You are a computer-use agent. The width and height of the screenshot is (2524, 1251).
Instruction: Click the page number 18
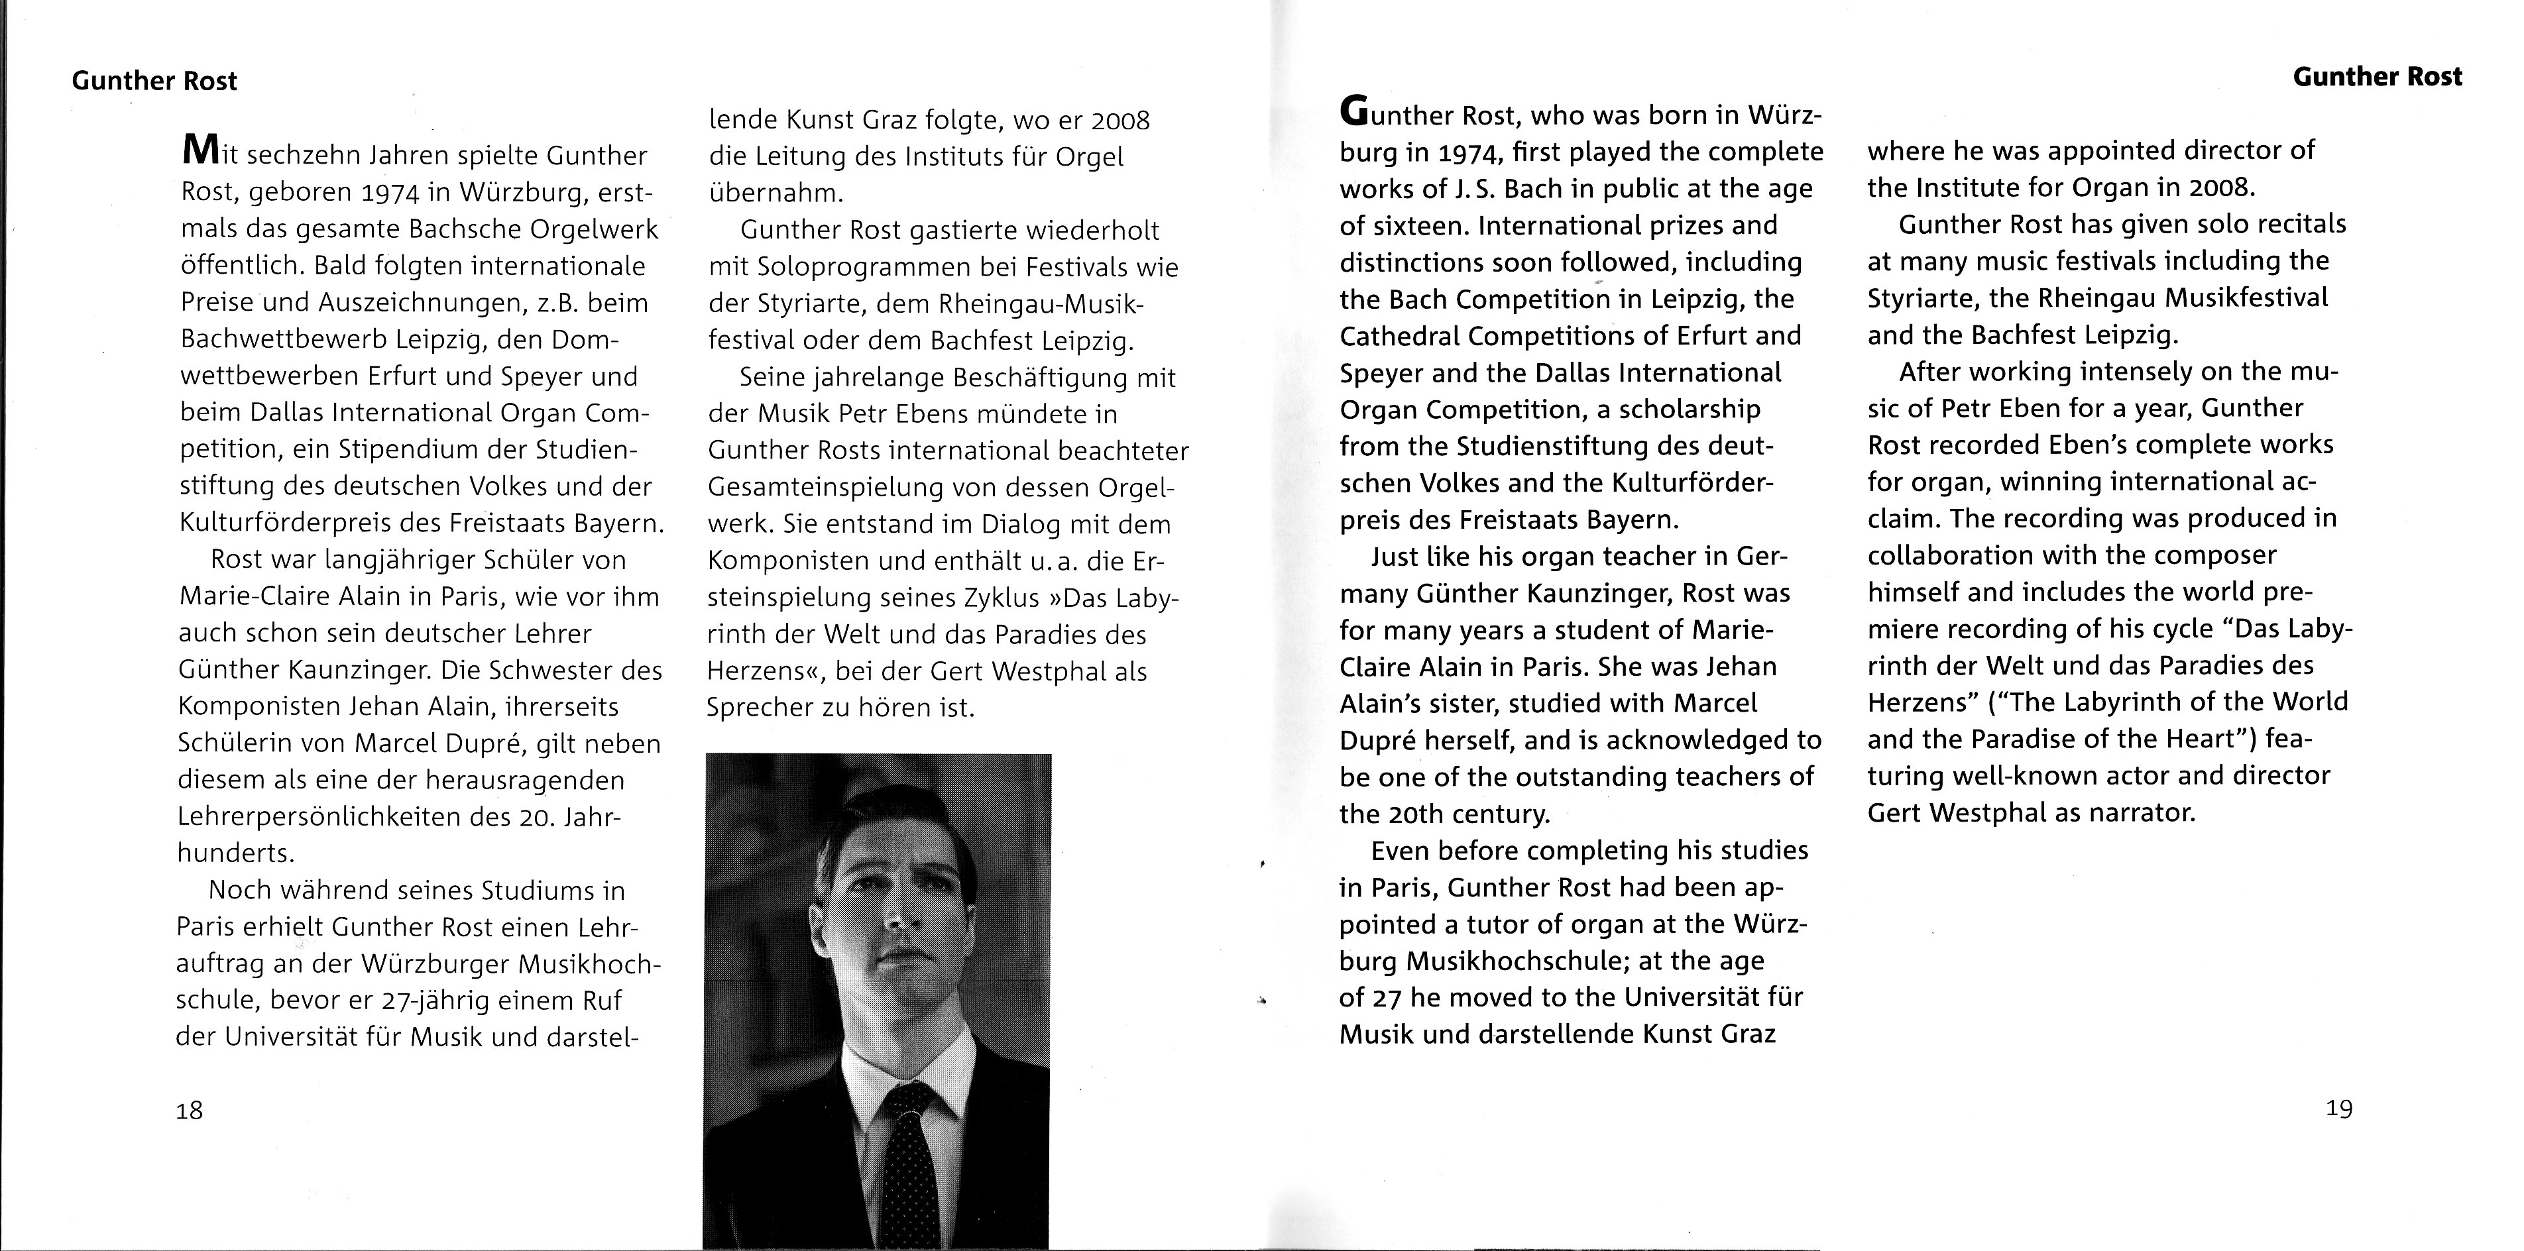point(189,1110)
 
